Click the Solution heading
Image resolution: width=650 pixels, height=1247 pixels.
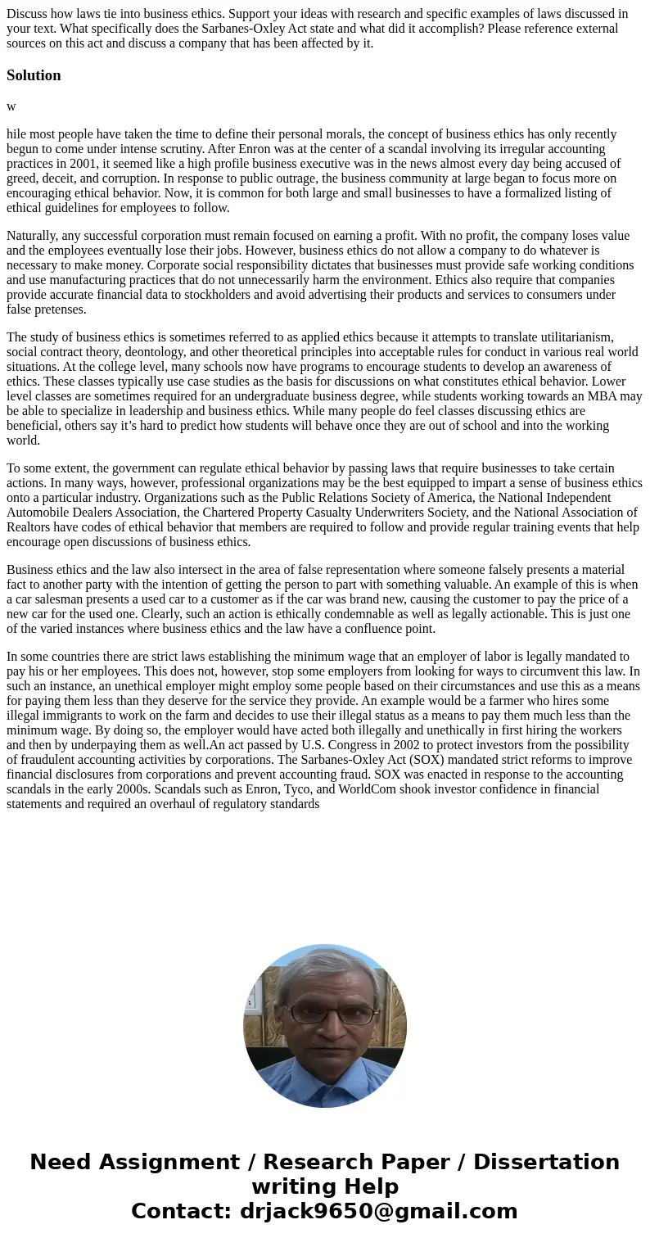pos(34,75)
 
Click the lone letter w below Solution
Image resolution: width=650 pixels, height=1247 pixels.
pos(11,106)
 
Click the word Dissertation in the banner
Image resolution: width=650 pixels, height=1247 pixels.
pos(546,1163)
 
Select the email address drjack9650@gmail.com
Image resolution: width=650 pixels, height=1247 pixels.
pos(378,1212)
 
